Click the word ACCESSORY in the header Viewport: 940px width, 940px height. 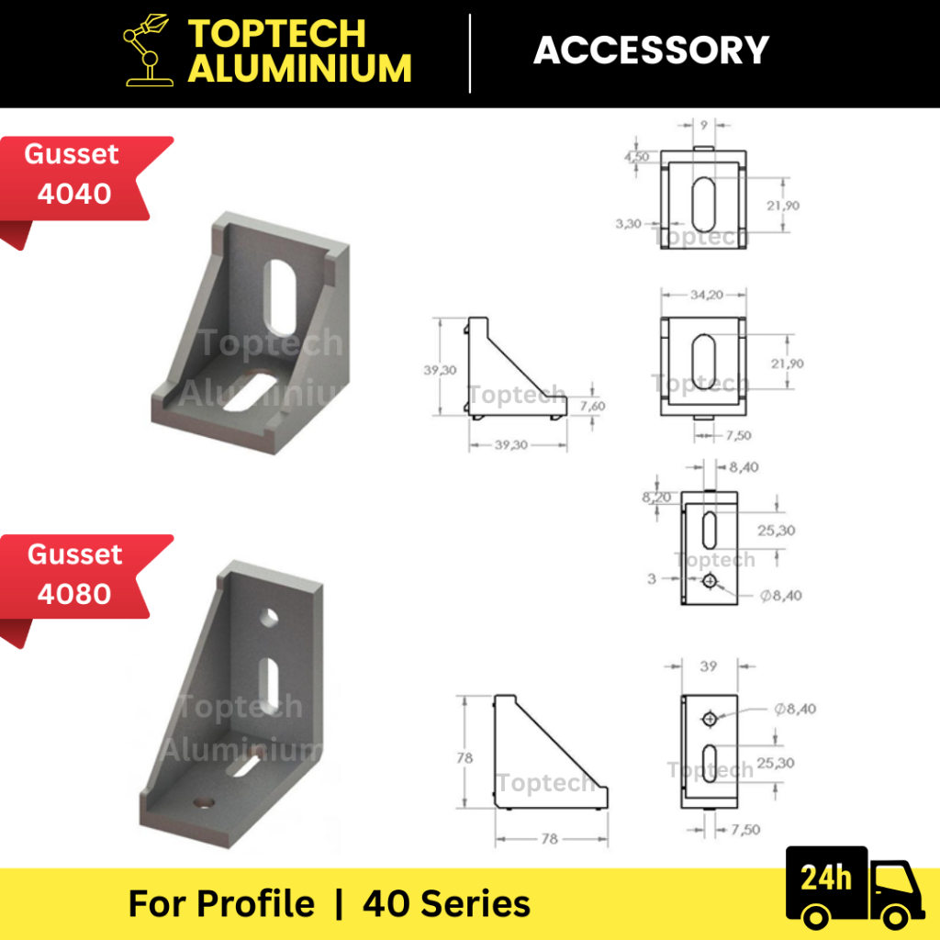tap(651, 50)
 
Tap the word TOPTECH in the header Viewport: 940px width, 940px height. tap(277, 33)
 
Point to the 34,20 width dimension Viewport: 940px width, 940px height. tap(706, 295)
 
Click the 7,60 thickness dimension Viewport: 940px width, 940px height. tap(592, 406)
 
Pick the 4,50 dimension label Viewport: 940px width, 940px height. tap(636, 156)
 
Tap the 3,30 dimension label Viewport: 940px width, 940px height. tap(628, 224)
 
